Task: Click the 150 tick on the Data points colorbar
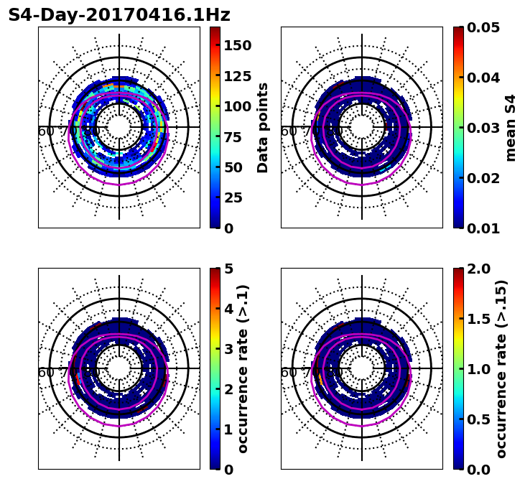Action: click(x=237, y=45)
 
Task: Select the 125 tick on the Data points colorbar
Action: click(x=237, y=76)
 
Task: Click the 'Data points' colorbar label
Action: click(x=263, y=127)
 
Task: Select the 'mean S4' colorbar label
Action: click(x=511, y=127)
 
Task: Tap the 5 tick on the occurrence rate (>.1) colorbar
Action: click(x=228, y=269)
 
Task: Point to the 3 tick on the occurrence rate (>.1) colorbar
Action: click(x=228, y=349)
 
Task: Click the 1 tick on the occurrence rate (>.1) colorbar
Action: click(x=228, y=429)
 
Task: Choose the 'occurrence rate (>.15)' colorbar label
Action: click(x=501, y=369)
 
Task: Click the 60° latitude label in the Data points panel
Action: click(x=46, y=131)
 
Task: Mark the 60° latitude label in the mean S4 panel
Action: click(x=289, y=131)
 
